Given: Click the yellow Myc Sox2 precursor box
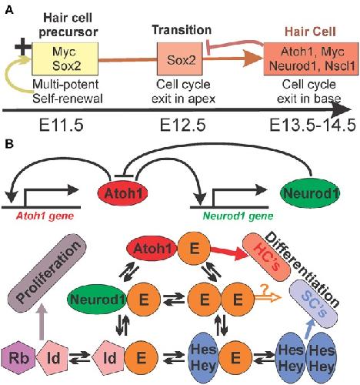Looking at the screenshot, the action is pyautogui.click(x=65, y=59).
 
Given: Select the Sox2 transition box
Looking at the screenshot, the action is pyautogui.click(x=180, y=59).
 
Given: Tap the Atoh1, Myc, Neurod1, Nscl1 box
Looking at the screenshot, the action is pyautogui.click(x=312, y=59).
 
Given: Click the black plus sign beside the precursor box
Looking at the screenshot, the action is pyautogui.click(x=23, y=47).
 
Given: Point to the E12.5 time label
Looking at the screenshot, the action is pyautogui.click(x=183, y=126).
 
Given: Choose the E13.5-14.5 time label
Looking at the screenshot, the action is pyautogui.click(x=313, y=126).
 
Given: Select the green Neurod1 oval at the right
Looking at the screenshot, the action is pyautogui.click(x=310, y=193).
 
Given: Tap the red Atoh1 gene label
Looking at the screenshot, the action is pyautogui.click(x=45, y=216).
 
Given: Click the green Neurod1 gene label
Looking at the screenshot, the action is pyautogui.click(x=238, y=216).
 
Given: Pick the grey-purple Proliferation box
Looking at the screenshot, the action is pyautogui.click(x=48, y=269).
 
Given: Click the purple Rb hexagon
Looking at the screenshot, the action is pyautogui.click(x=18, y=357).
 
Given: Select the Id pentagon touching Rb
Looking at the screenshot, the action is pyautogui.click(x=52, y=357).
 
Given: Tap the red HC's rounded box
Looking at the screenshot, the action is pyautogui.click(x=267, y=257).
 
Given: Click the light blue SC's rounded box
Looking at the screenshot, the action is pyautogui.click(x=314, y=304).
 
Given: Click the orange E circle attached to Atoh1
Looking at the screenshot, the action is pyautogui.click(x=194, y=248).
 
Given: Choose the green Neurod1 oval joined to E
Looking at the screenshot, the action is pyautogui.click(x=97, y=300).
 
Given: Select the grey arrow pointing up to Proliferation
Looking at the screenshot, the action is pyautogui.click(x=42, y=322).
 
